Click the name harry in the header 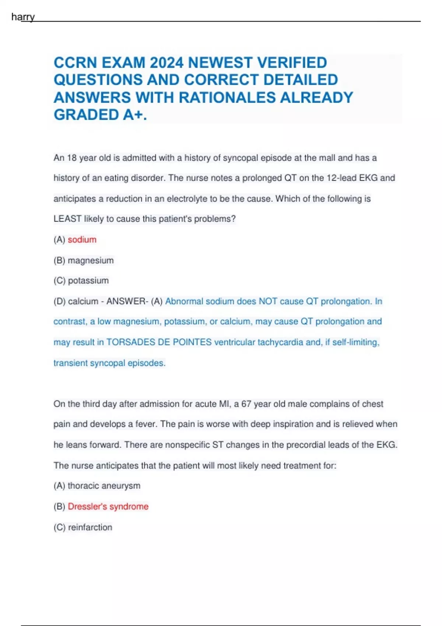[23, 17]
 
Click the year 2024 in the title [166, 63]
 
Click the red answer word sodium [82, 240]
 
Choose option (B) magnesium [84, 260]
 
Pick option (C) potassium [81, 281]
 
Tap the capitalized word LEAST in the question [67, 219]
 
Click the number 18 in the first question [72, 158]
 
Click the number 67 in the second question [246, 404]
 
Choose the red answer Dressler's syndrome [108, 507]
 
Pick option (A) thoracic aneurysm [97, 486]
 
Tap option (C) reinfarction [83, 527]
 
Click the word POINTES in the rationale [192, 342]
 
